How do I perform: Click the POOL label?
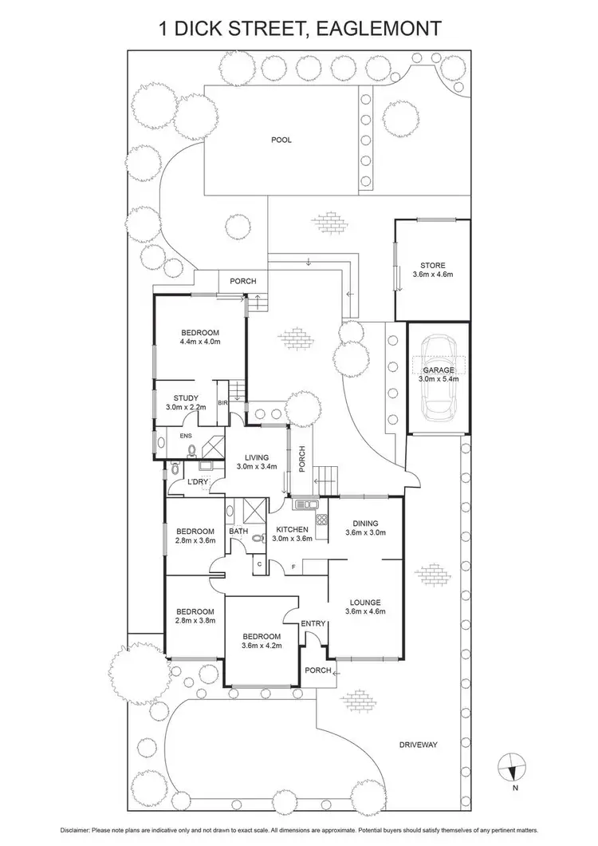pyautogui.click(x=281, y=140)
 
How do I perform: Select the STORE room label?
pyautogui.click(x=433, y=265)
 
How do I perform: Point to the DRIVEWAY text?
pyautogui.click(x=419, y=745)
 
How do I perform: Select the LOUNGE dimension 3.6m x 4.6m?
pyautogui.click(x=365, y=613)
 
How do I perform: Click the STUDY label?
pyautogui.click(x=186, y=397)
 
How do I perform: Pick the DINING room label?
pyautogui.click(x=365, y=523)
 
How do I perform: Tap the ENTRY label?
pyautogui.click(x=313, y=623)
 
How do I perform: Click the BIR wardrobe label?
pyautogui.click(x=223, y=403)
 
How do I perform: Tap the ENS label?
pyautogui.click(x=186, y=436)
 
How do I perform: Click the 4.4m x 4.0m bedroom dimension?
pyautogui.click(x=199, y=342)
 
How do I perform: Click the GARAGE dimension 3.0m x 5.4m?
pyautogui.click(x=439, y=380)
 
